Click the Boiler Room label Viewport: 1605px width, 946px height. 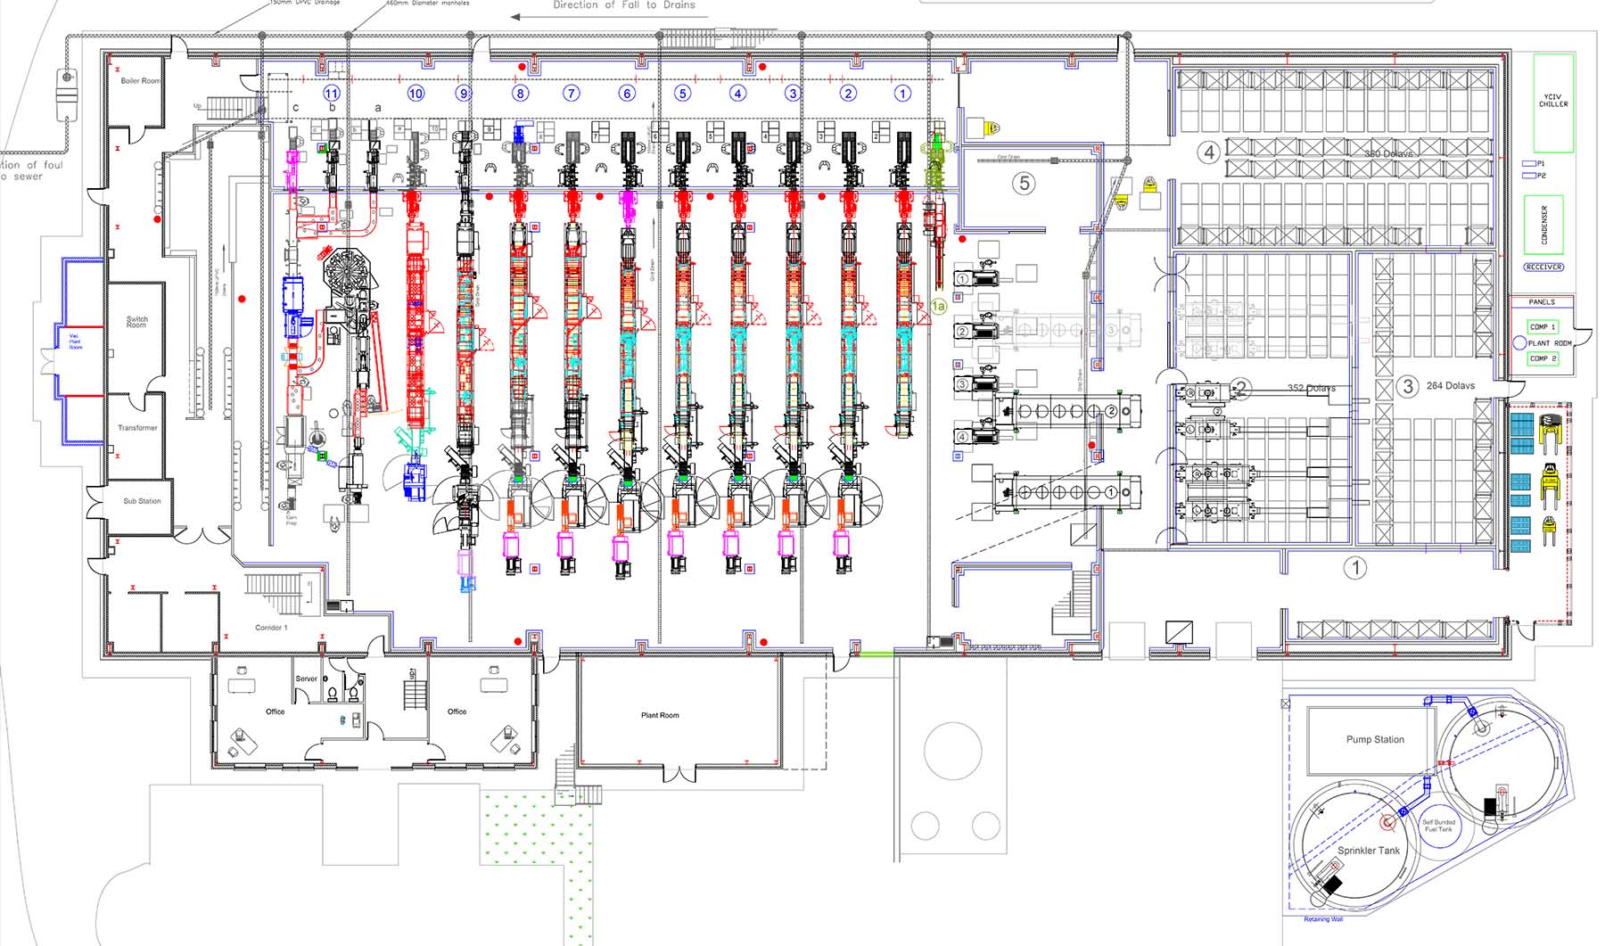(x=141, y=81)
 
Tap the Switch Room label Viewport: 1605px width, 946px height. (x=137, y=322)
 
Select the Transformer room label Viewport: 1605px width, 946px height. (x=137, y=428)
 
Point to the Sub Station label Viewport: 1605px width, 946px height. (x=142, y=501)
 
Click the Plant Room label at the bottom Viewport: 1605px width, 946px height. (x=660, y=715)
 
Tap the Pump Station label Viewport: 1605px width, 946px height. (x=1375, y=739)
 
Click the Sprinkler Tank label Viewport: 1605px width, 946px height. (x=1369, y=851)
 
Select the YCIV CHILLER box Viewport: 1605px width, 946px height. (x=1553, y=101)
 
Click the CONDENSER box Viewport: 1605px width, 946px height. (x=1544, y=225)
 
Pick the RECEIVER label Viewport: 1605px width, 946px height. (x=1543, y=267)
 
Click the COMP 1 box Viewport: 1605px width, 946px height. (x=1543, y=327)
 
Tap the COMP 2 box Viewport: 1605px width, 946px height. (x=1543, y=358)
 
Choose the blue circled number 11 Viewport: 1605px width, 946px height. (x=332, y=93)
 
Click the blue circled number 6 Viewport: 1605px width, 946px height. (x=627, y=93)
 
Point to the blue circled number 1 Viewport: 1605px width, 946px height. (x=902, y=93)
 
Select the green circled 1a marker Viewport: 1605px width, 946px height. (x=938, y=306)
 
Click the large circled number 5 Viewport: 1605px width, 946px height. (x=1024, y=184)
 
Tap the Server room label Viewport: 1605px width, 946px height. (x=306, y=679)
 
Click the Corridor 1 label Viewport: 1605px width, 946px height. (x=271, y=628)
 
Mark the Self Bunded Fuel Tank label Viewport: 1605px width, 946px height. (x=1438, y=826)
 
